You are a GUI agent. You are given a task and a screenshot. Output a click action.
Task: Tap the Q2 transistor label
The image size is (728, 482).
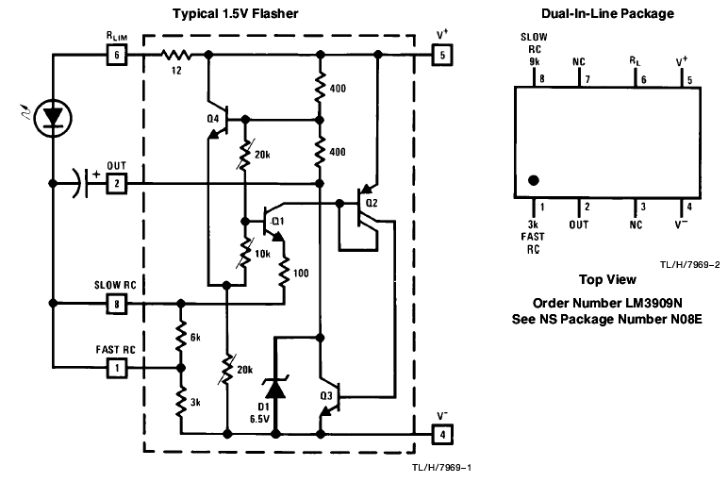[371, 202]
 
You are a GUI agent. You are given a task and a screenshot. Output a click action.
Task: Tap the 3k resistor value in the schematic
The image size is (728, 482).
[193, 402]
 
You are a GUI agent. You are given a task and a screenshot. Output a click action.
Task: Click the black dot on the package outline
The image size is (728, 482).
[534, 180]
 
